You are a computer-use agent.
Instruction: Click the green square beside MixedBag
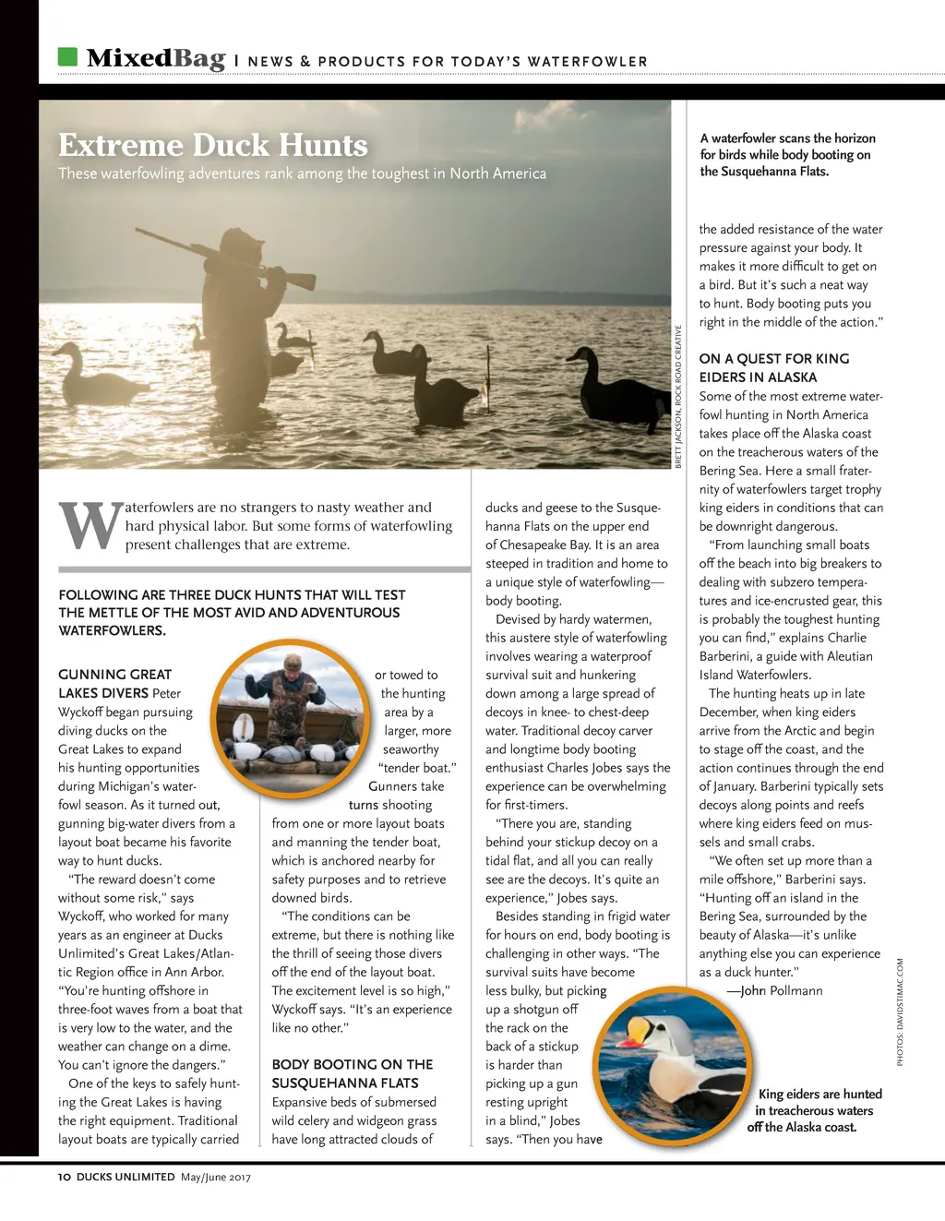tap(67, 57)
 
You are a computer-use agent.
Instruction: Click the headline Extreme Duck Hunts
tap(213, 145)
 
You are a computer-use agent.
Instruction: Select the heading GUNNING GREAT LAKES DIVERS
tap(115, 684)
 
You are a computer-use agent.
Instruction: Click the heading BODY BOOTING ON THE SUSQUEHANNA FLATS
tap(353, 1073)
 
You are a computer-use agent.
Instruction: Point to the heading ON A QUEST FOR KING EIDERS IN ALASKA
tap(774, 367)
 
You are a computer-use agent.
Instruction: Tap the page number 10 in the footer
tap(64, 1177)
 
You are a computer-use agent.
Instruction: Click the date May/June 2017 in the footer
tap(216, 1177)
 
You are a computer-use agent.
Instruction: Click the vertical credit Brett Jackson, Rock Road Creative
tap(678, 397)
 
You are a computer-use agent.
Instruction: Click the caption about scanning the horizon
tap(787, 155)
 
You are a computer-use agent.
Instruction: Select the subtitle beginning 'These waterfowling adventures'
tap(302, 174)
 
